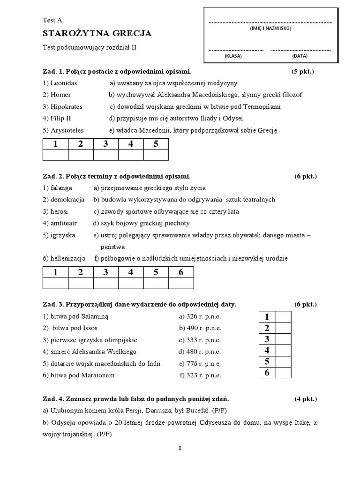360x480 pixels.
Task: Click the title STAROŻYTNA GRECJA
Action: [x=97, y=33]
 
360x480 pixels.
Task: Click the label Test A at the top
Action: [x=52, y=20]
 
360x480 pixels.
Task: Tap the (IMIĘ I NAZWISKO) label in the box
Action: [x=270, y=29]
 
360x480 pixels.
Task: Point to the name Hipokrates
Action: [x=62, y=106]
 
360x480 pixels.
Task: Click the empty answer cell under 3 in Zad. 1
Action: [x=105, y=155]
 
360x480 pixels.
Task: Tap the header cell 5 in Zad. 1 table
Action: [x=156, y=144]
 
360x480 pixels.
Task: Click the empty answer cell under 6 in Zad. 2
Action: [x=181, y=283]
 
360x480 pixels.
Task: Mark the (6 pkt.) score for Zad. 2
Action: [x=306, y=176]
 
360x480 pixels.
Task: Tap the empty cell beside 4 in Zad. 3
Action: [x=283, y=350]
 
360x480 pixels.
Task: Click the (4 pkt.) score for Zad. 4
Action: [x=306, y=399]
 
